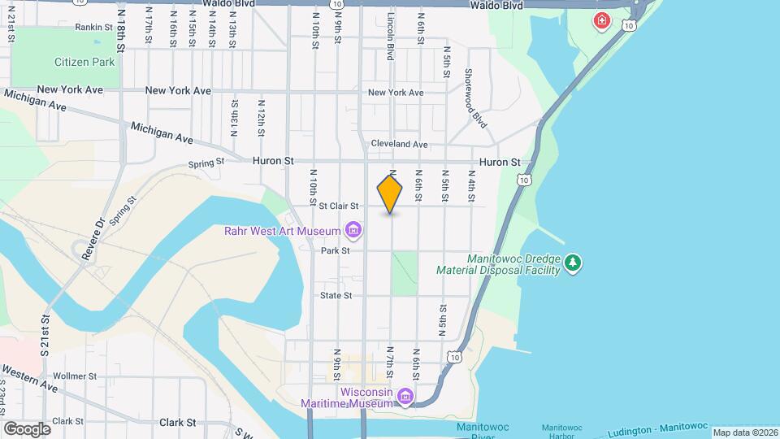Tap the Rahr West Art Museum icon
click(x=353, y=232)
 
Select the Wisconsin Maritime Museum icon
click(x=405, y=396)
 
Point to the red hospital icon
click(x=602, y=20)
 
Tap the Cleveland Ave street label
click(x=399, y=144)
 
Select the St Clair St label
click(x=339, y=206)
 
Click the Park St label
click(x=335, y=251)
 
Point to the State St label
click(x=336, y=295)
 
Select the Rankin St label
click(x=93, y=27)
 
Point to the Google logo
click(x=27, y=428)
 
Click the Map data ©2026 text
click(x=745, y=432)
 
